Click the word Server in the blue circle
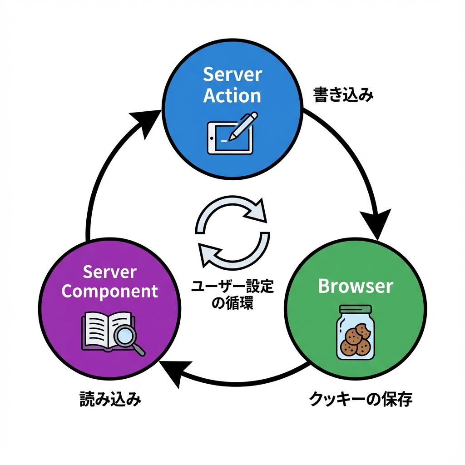point(232,75)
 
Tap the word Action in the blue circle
point(232,96)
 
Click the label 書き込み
point(343,96)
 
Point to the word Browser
point(356,286)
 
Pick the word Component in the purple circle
point(110,291)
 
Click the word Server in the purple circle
point(110,272)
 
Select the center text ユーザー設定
point(232,287)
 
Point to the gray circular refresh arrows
point(232,232)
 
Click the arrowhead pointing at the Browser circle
point(376,223)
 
